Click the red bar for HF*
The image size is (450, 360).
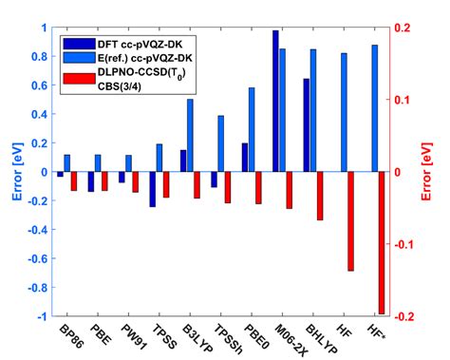tap(381, 242)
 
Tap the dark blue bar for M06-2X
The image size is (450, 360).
tap(275, 101)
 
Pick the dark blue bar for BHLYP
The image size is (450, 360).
tap(306, 124)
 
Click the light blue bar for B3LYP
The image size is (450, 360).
tap(190, 135)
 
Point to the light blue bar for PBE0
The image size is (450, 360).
tap(252, 129)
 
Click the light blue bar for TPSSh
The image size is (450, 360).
tap(220, 143)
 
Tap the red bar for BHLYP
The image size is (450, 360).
tap(319, 196)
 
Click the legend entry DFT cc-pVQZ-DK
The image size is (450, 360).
tap(129, 42)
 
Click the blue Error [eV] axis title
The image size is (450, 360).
tap(13, 172)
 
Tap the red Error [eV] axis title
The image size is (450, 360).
tap(436, 172)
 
